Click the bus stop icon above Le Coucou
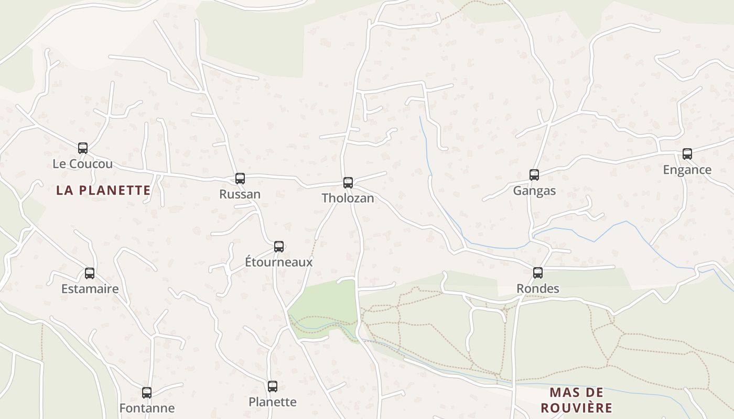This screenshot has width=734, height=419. [83, 148]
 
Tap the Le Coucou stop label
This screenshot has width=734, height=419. [83, 164]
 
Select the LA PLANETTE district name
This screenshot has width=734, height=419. [103, 190]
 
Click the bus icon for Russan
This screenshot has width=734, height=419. [240, 179]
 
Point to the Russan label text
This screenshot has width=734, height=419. [240, 194]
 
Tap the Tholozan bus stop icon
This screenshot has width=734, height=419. [348, 183]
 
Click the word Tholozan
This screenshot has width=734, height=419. [348, 198]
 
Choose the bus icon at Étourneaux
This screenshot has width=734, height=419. [279, 247]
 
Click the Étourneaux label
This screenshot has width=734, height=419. [279, 262]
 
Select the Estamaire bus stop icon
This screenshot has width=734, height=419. [90, 273]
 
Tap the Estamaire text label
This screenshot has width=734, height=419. [90, 289]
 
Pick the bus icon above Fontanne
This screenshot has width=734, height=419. [147, 392]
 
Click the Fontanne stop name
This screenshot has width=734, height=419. [147, 407]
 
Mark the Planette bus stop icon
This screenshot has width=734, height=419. [273, 387]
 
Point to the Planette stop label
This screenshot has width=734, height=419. [273, 402]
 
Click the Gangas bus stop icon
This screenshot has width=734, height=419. [534, 175]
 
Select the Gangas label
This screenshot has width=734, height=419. [534, 191]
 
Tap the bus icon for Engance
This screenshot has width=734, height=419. [687, 154]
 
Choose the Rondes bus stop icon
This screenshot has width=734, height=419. [538, 273]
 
